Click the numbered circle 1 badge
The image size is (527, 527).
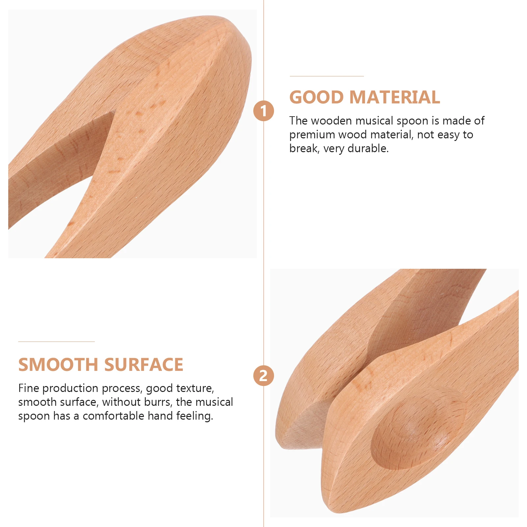pos(263,111)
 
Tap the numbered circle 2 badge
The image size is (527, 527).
pos(263,376)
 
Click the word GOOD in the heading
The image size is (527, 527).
pos(317,97)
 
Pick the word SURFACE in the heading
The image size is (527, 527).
pos(144,365)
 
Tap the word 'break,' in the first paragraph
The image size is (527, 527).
pos(304,149)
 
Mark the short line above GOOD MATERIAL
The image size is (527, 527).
pos(327,76)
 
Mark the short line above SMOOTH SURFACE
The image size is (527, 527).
pos(56,342)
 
